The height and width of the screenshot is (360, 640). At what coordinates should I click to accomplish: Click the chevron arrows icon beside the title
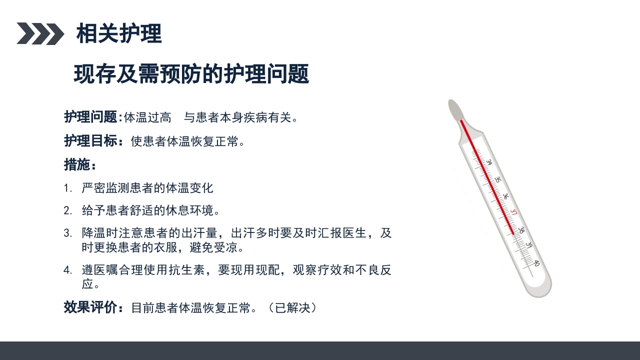[x=40, y=33]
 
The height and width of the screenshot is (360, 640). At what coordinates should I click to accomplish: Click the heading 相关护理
[x=119, y=33]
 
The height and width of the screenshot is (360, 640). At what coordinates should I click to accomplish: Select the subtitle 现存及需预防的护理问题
[x=191, y=74]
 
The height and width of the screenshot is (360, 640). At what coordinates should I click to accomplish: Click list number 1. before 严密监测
[x=68, y=188]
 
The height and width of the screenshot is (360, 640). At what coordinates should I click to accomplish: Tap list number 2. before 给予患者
[x=68, y=210]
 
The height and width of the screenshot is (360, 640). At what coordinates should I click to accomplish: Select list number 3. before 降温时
[x=68, y=233]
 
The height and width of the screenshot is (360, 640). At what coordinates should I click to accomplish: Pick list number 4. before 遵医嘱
[x=68, y=270]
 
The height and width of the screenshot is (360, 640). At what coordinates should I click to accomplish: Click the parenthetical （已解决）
[x=292, y=307]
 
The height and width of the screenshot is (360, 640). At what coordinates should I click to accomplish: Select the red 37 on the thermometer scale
[x=513, y=213]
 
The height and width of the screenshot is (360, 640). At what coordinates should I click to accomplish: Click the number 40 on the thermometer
[x=536, y=263]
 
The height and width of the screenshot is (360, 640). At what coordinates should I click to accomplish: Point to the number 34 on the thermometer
[x=489, y=162]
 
